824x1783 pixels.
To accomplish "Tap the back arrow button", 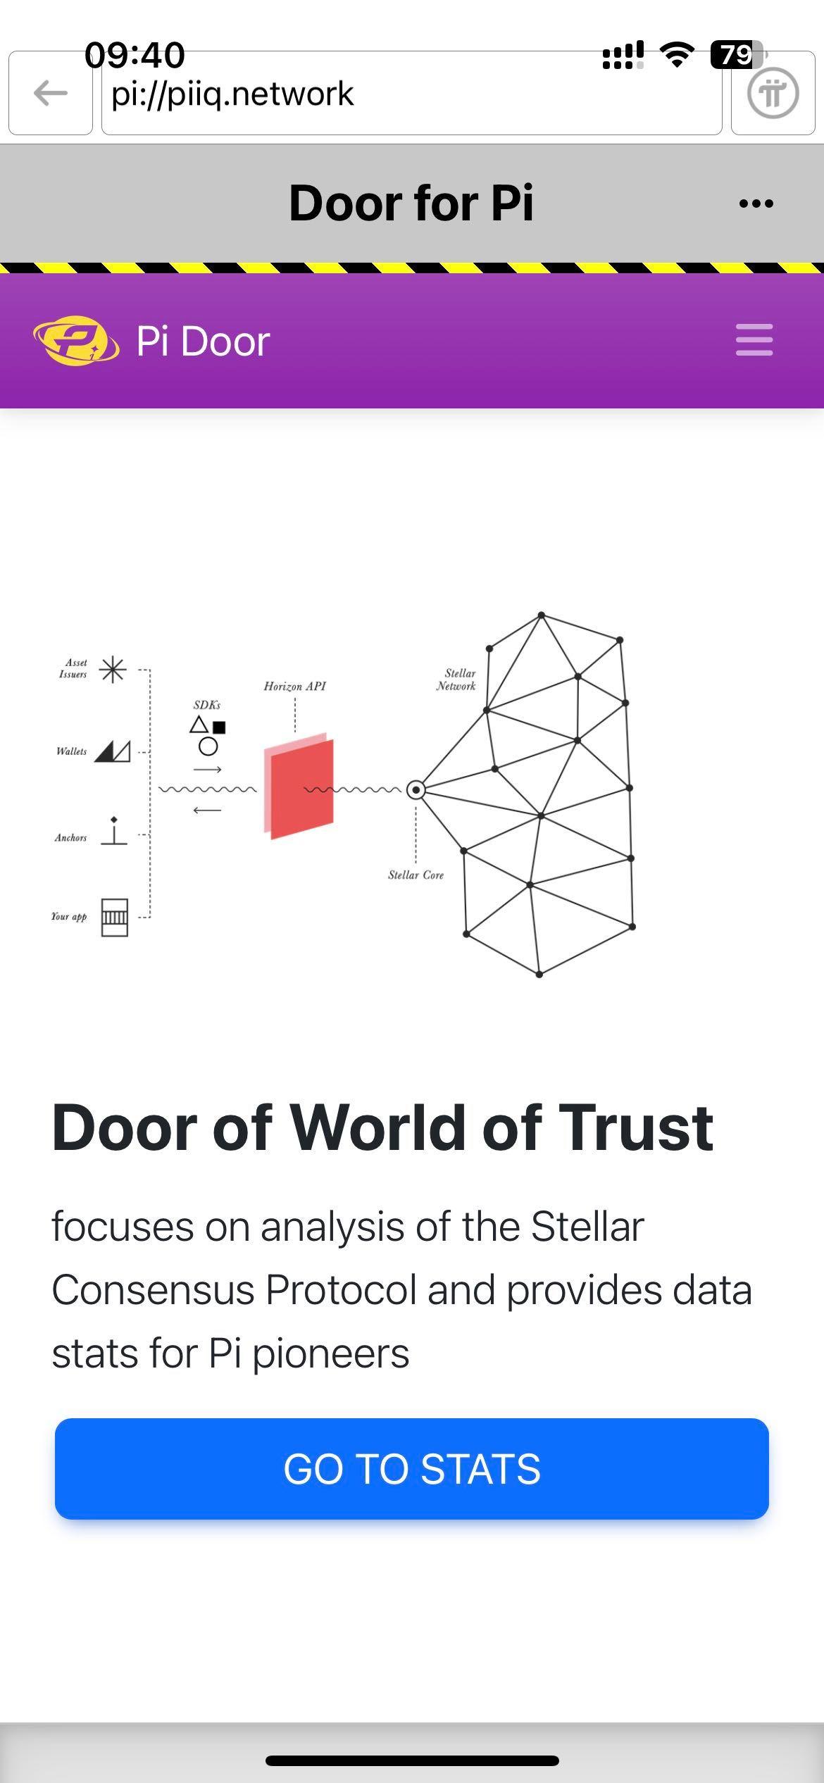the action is (x=51, y=93).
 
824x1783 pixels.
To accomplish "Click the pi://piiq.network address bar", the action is (x=411, y=93).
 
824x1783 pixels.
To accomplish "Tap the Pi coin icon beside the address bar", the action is (x=773, y=93).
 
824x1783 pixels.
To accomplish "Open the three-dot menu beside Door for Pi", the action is (x=756, y=204).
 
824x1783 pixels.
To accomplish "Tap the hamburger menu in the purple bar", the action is (x=754, y=339).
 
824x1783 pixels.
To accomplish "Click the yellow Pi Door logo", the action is (x=75, y=341).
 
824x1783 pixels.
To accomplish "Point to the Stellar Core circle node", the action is (x=416, y=790).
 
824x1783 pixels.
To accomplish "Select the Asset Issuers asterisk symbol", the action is (x=113, y=669).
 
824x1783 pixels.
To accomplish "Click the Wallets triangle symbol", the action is (x=113, y=751).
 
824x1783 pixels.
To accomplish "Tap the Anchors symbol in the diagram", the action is (x=114, y=831).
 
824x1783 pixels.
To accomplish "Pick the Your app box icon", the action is (x=115, y=917).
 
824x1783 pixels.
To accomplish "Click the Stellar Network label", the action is (x=456, y=680).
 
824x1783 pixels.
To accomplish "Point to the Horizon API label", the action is (x=294, y=686).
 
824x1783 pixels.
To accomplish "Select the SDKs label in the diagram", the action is (x=207, y=704).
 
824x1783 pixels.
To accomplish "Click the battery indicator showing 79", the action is (x=737, y=55).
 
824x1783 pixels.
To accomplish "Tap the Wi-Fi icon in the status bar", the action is (x=677, y=54).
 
